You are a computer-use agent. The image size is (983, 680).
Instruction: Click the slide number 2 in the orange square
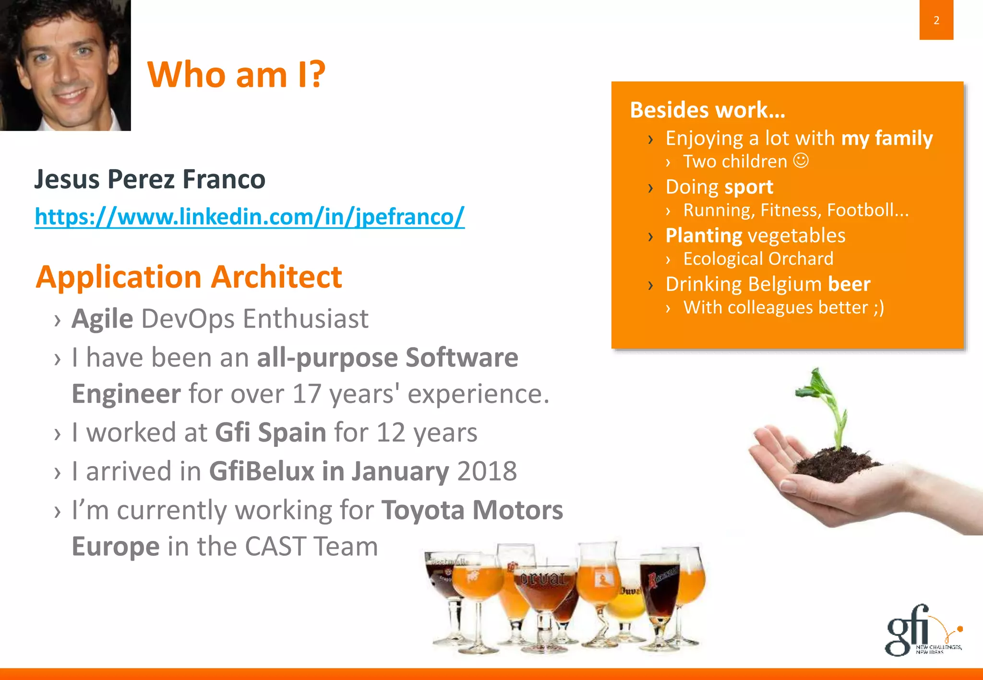(x=936, y=20)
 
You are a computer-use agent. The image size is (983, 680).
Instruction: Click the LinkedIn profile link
(x=249, y=217)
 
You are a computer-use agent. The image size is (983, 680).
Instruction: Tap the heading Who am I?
(x=236, y=75)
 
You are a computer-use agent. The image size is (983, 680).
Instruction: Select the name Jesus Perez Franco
(x=150, y=179)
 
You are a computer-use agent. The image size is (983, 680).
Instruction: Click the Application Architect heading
(x=189, y=277)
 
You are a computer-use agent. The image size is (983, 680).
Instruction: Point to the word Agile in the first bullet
(x=102, y=319)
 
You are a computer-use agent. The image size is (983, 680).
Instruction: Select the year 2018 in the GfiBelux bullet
(x=487, y=471)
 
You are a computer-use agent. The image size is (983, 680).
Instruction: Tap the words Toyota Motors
(x=472, y=510)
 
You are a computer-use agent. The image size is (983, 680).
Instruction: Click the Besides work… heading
(x=707, y=110)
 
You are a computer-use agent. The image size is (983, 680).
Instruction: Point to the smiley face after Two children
(x=801, y=160)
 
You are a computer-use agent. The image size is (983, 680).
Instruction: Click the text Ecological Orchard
(x=758, y=259)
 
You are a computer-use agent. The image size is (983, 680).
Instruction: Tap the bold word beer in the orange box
(x=849, y=284)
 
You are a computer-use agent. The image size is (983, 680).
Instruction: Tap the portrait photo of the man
(x=65, y=65)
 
